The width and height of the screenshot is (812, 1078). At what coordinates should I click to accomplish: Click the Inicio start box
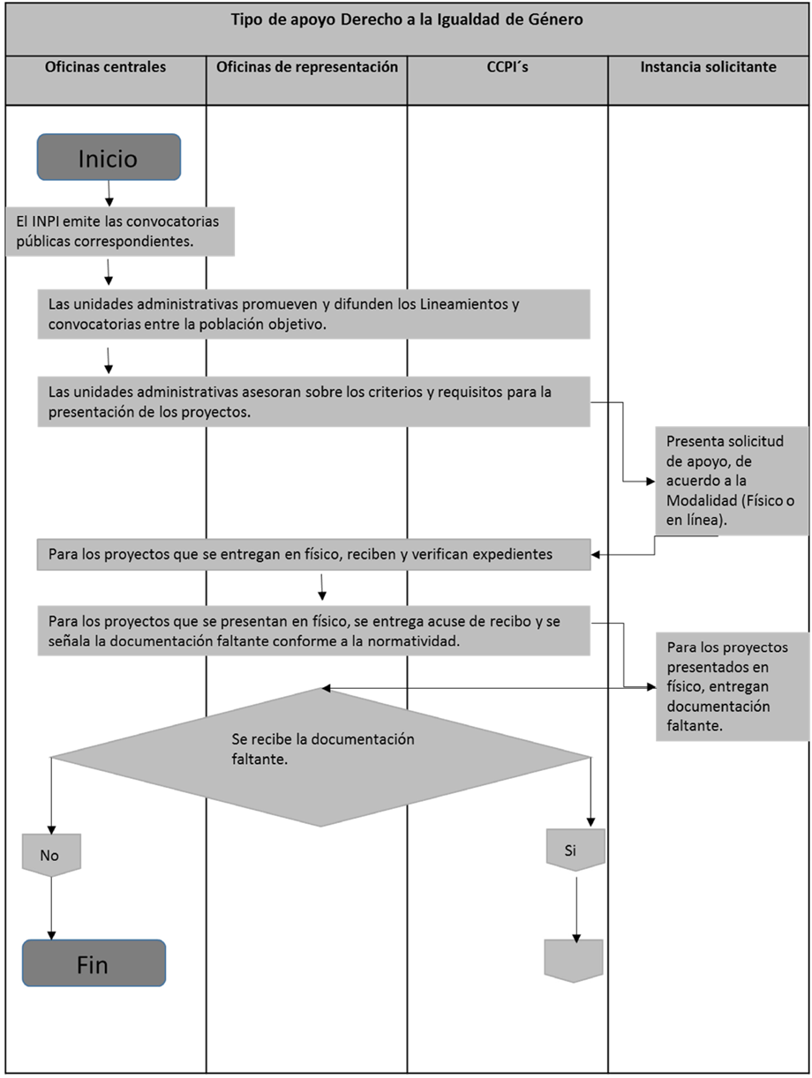click(x=109, y=157)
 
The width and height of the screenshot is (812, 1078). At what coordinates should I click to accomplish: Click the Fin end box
click(x=94, y=962)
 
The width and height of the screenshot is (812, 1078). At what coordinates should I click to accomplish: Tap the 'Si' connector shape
click(x=575, y=850)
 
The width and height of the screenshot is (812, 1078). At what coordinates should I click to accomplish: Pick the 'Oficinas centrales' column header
click(x=105, y=67)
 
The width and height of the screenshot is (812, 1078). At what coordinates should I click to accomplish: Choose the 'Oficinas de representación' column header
click(x=306, y=67)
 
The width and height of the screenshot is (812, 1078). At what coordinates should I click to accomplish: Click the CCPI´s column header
click(x=507, y=67)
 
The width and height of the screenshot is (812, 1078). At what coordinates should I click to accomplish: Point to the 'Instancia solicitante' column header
click(x=708, y=67)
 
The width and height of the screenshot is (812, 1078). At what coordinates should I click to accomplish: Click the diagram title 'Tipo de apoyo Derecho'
click(x=406, y=20)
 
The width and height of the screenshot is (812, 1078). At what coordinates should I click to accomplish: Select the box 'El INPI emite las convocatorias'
click(x=121, y=230)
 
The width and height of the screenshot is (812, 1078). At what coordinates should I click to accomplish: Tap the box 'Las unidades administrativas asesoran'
click(x=313, y=401)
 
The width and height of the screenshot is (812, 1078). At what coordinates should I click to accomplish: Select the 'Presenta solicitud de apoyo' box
click(x=732, y=481)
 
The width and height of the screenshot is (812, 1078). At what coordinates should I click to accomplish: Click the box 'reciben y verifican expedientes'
click(x=313, y=555)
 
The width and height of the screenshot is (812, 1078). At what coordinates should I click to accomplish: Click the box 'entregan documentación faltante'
click(x=732, y=685)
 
